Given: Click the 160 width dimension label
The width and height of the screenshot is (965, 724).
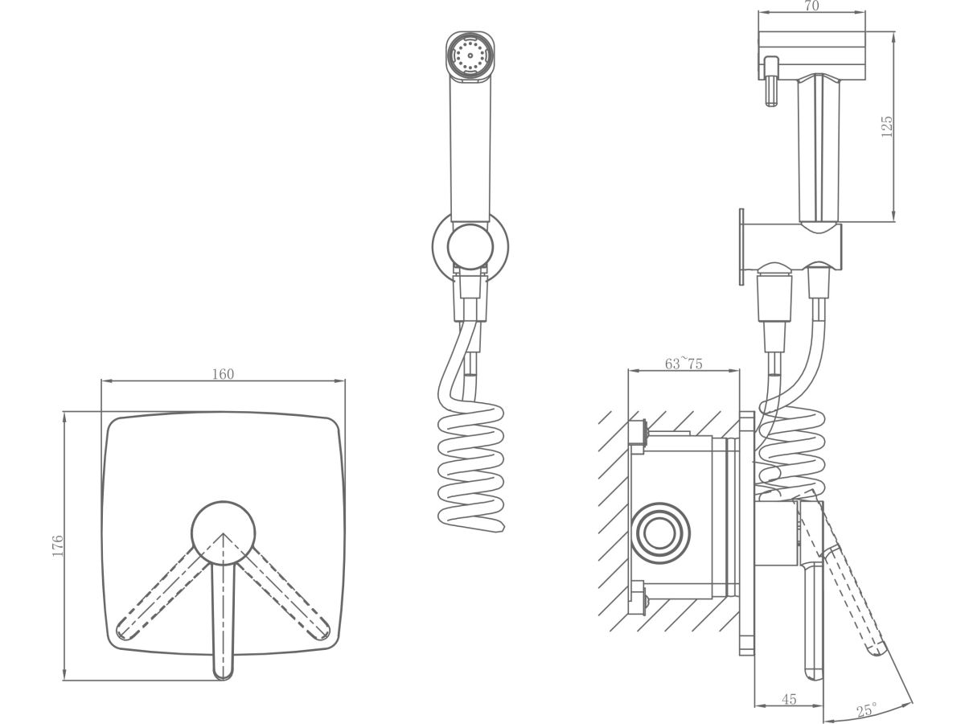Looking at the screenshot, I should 223,373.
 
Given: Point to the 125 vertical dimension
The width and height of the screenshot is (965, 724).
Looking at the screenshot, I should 887,126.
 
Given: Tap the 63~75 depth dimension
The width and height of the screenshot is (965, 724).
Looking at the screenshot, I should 684,364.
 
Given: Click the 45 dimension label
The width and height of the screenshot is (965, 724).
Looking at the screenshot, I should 789,700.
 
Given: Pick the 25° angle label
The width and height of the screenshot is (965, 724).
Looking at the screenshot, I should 867,711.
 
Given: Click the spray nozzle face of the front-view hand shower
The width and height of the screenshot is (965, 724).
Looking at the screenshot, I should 469,56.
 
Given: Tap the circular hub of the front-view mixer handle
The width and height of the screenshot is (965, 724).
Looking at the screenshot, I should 223,534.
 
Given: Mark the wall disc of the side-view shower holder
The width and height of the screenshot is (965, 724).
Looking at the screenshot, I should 742,247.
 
